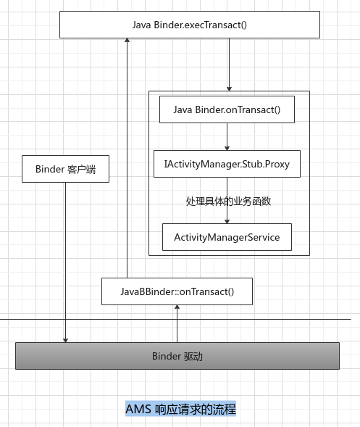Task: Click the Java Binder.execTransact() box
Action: [x=189, y=25]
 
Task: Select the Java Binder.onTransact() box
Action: [x=227, y=109]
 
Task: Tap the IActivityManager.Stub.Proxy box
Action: [x=227, y=165]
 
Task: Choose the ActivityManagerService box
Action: [x=227, y=237]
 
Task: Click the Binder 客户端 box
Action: [x=65, y=169]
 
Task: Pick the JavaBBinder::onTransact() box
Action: [x=177, y=291]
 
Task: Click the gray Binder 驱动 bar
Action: [x=177, y=356]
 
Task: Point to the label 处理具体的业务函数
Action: [x=228, y=202]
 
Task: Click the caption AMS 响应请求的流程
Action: [x=180, y=409]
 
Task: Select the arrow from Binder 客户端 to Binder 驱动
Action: [x=65, y=261]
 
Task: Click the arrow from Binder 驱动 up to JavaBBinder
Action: [x=177, y=323]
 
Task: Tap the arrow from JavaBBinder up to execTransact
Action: [x=127, y=159]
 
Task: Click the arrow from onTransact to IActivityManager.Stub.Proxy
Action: [x=227, y=137]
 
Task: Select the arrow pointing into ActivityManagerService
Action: [x=227, y=216]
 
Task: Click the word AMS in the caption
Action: [x=138, y=409]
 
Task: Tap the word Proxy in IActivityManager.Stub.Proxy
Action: [x=275, y=165]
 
